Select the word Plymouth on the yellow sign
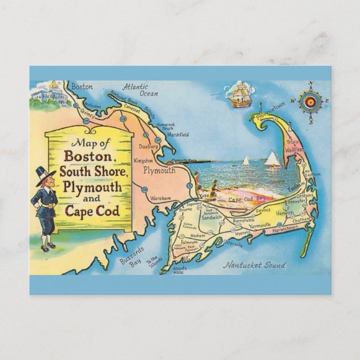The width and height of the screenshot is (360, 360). [x=93, y=187]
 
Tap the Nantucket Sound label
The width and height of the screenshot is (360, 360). [x=254, y=265]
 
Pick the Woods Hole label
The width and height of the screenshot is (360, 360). [x=179, y=271]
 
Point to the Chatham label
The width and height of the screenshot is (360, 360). [x=300, y=220]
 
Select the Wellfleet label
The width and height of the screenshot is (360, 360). [x=294, y=150]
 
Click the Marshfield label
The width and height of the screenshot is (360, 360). [x=177, y=134]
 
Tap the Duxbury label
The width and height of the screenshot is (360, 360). [x=149, y=146]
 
